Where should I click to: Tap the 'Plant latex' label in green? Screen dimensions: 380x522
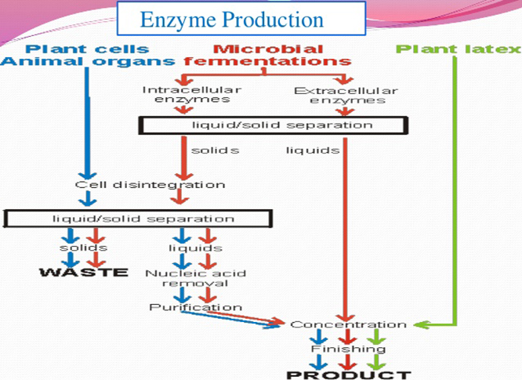(458, 49)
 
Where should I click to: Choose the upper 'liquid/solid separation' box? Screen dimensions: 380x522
(274, 125)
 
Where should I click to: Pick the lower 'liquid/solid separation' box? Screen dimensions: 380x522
(132, 218)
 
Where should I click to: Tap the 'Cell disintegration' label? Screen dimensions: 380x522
(150, 185)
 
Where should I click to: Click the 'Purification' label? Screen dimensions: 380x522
(196, 307)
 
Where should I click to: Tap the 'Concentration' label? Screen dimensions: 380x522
(348, 324)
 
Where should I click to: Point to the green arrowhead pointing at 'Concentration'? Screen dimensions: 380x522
(417, 324)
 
